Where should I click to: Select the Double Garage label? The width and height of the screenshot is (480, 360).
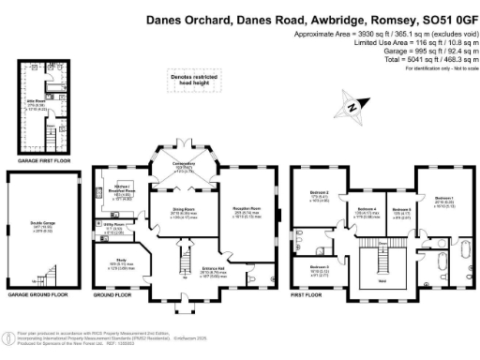tap(44, 228)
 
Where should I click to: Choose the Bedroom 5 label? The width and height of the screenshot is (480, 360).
tap(401, 211)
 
